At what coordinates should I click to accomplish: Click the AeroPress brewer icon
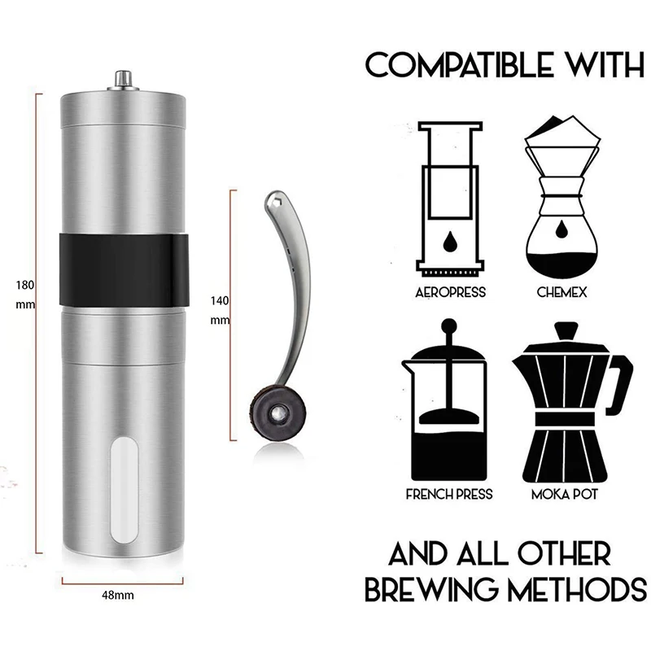click(x=450, y=199)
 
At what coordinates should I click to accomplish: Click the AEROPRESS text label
click(x=450, y=292)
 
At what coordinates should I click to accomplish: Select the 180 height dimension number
click(x=24, y=286)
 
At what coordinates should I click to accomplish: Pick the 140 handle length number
click(x=220, y=300)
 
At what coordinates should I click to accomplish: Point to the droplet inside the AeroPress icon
click(x=450, y=242)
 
